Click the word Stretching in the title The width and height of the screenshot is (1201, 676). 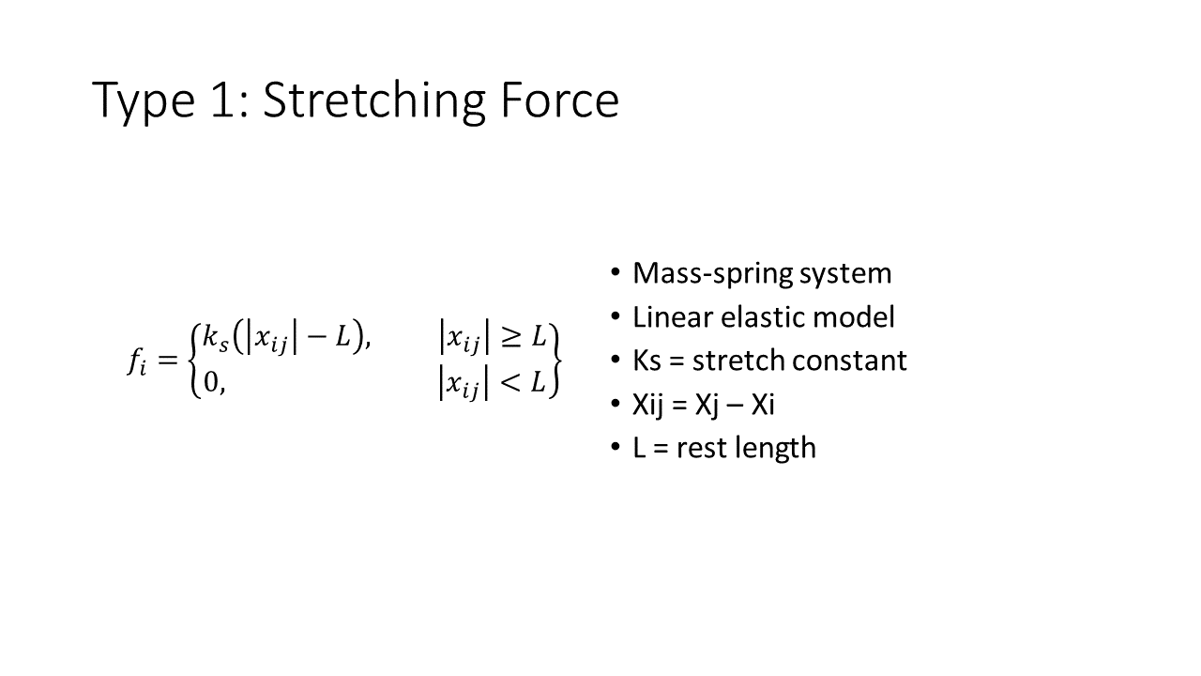pyautogui.click(x=373, y=100)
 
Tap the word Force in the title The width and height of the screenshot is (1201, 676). pyautogui.click(x=560, y=100)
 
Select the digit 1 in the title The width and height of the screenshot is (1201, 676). pyautogui.click(x=223, y=100)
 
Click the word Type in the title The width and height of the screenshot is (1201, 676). pyautogui.click(x=144, y=102)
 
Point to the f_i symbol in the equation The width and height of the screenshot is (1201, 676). pyautogui.click(x=137, y=361)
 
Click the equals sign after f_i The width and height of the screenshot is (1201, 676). pyautogui.click(x=167, y=360)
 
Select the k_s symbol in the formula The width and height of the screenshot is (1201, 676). pyautogui.click(x=216, y=339)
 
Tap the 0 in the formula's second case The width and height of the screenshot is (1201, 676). pyautogui.click(x=211, y=382)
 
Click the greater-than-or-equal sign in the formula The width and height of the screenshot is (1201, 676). pyautogui.click(x=510, y=338)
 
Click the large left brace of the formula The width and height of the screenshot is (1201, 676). pyautogui.click(x=196, y=361)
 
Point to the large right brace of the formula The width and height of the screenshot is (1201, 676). pyautogui.click(x=555, y=361)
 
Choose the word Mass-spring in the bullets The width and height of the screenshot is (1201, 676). pyautogui.click(x=713, y=274)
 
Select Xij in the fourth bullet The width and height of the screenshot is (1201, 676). pyautogui.click(x=647, y=405)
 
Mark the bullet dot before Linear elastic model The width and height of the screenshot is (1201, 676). pyautogui.click(x=615, y=316)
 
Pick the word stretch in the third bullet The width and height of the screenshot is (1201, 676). pyautogui.click(x=738, y=361)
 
